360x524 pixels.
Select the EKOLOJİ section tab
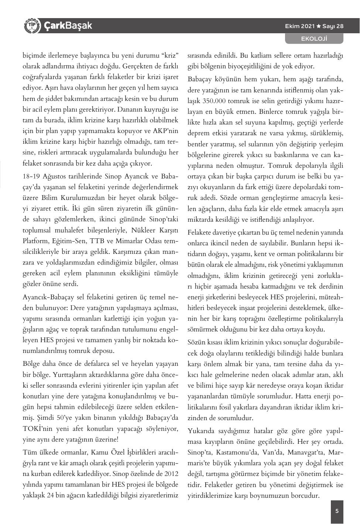click(x=315, y=39)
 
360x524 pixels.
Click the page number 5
click(x=337, y=511)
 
